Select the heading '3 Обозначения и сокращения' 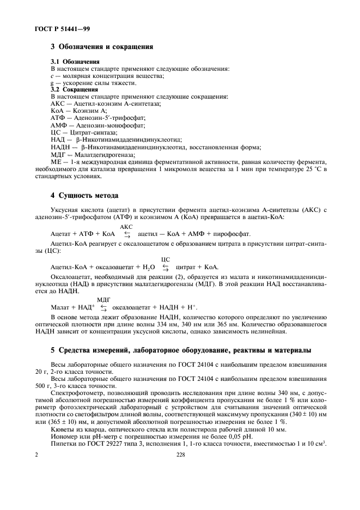101,47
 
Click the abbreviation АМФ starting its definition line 58,124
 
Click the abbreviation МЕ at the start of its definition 56,162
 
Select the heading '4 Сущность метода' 84,195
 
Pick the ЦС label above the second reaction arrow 166,259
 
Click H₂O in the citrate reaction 148,268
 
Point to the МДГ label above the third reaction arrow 103,299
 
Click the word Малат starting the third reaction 59,307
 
